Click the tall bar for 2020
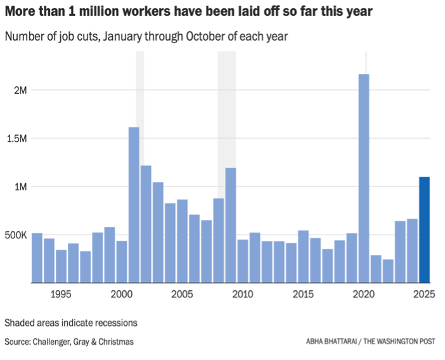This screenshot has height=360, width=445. click(364, 178)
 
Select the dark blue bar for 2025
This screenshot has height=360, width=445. click(424, 229)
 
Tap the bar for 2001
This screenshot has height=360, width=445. click(134, 205)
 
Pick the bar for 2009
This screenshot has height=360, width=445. click(231, 225)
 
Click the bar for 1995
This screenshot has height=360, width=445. click(61, 266)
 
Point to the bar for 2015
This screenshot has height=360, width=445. click(303, 257)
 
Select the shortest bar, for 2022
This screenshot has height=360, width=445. click(388, 271)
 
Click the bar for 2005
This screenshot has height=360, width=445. click(182, 241)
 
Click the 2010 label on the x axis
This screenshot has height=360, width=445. click(243, 295)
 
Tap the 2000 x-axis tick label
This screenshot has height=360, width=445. click(121, 295)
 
